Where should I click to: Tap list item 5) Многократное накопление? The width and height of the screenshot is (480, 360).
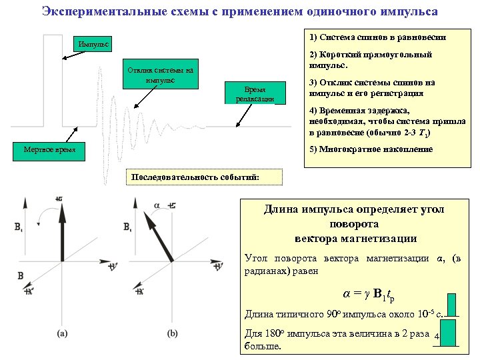click(x=371, y=149)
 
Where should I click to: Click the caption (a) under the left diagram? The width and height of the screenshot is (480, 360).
click(x=62, y=333)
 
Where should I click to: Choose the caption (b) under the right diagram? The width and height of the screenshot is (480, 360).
click(x=173, y=333)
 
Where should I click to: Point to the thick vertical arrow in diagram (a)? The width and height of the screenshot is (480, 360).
click(x=62, y=233)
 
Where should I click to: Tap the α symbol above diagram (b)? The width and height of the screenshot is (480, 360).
click(x=157, y=206)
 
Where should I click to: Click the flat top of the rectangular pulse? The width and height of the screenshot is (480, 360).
click(x=53, y=33)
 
